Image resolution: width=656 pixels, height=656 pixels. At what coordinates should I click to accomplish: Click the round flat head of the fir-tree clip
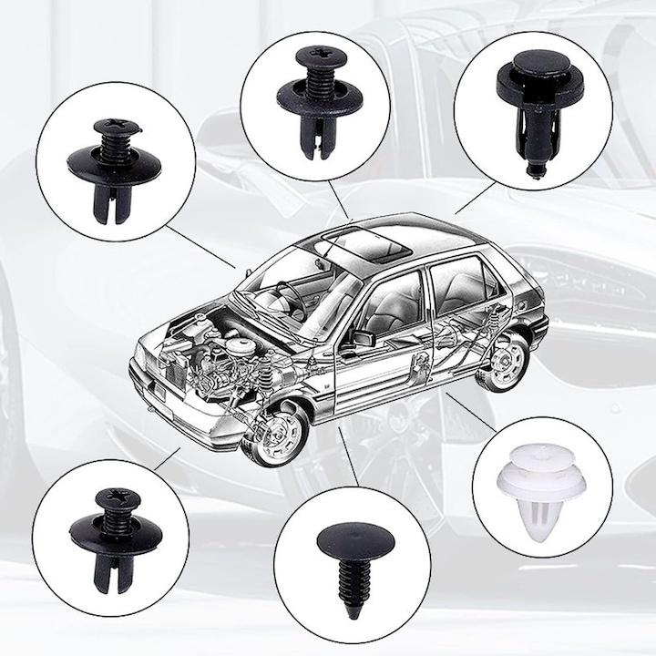(x=350, y=539)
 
